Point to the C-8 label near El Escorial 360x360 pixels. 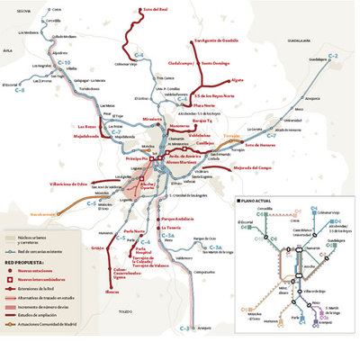(19, 91)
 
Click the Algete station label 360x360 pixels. (238, 80)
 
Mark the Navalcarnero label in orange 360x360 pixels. (19, 214)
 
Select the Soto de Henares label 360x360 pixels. (260, 144)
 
